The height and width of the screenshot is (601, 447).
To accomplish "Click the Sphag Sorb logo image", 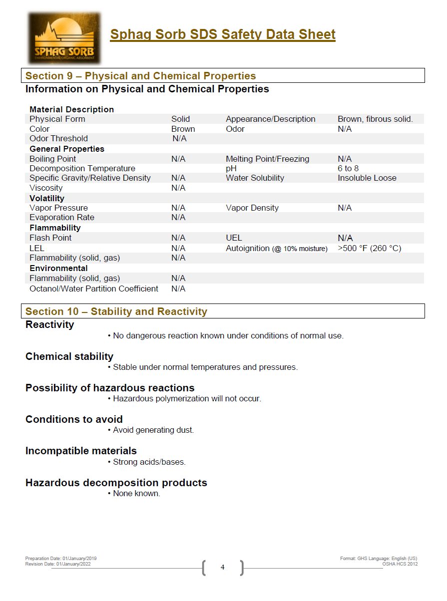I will pyautogui.click(x=64, y=38).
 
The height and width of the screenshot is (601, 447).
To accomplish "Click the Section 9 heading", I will pyautogui.click(x=140, y=76).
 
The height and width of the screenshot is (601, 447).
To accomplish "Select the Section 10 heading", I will pyautogui.click(x=116, y=311).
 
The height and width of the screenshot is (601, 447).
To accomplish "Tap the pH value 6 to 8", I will pyautogui.click(x=348, y=168).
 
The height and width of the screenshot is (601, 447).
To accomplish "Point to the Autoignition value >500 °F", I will pyautogui.click(x=369, y=248).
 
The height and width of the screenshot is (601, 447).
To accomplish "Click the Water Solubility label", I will pyautogui.click(x=255, y=178).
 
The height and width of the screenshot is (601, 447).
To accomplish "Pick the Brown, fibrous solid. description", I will pyautogui.click(x=375, y=119).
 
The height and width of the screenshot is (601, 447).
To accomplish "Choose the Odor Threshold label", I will pyautogui.click(x=58, y=138).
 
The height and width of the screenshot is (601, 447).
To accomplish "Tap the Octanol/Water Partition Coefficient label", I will pyautogui.click(x=94, y=289).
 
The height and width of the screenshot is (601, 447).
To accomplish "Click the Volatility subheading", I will pyautogui.click(x=47, y=198).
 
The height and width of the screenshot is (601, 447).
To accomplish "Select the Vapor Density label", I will pyautogui.click(x=252, y=208).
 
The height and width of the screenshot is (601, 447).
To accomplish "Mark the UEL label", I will pyautogui.click(x=234, y=238).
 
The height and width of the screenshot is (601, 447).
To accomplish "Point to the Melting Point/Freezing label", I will pyautogui.click(x=267, y=159).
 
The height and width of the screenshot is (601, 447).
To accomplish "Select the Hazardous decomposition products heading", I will pyautogui.click(x=116, y=483).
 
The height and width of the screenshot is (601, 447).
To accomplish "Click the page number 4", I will pyautogui.click(x=223, y=567).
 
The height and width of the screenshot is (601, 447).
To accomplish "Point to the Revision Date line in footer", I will pyautogui.click(x=58, y=564).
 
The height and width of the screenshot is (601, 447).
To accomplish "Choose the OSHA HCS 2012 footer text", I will pyautogui.click(x=400, y=564).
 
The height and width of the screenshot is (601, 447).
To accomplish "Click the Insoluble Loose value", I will pyautogui.click(x=367, y=178).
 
